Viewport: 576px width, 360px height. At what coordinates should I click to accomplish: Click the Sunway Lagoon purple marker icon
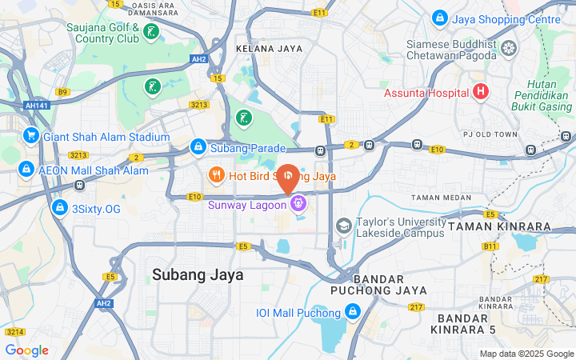pos(298,204)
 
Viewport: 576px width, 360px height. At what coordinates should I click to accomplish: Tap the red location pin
pos(288,178)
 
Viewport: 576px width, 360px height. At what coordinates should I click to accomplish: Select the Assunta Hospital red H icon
pos(480,92)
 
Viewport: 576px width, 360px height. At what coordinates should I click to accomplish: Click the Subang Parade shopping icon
pos(198,147)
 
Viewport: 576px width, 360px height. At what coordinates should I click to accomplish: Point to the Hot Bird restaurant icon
pos(216,175)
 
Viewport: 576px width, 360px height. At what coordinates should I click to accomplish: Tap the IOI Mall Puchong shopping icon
pos(353,312)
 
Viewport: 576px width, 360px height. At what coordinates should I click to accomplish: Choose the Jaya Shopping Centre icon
pos(439,18)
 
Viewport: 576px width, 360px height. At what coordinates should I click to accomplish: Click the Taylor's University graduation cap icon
pos(343,227)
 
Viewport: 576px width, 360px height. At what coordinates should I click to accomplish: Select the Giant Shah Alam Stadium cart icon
pos(31,137)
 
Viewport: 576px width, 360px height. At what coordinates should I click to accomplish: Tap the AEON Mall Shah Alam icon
pos(26,170)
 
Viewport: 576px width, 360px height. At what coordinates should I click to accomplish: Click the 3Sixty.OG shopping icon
pos(58,208)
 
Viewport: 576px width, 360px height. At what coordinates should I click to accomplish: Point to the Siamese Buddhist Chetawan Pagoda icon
pos(508,49)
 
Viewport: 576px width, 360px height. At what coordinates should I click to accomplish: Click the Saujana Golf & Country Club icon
pos(151,33)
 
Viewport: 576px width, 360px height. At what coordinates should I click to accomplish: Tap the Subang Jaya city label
pos(198,275)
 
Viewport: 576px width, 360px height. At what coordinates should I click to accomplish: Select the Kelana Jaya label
pos(270,49)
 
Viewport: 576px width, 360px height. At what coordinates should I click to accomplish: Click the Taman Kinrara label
pos(500,227)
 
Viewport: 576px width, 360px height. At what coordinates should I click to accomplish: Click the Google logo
pos(26,350)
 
